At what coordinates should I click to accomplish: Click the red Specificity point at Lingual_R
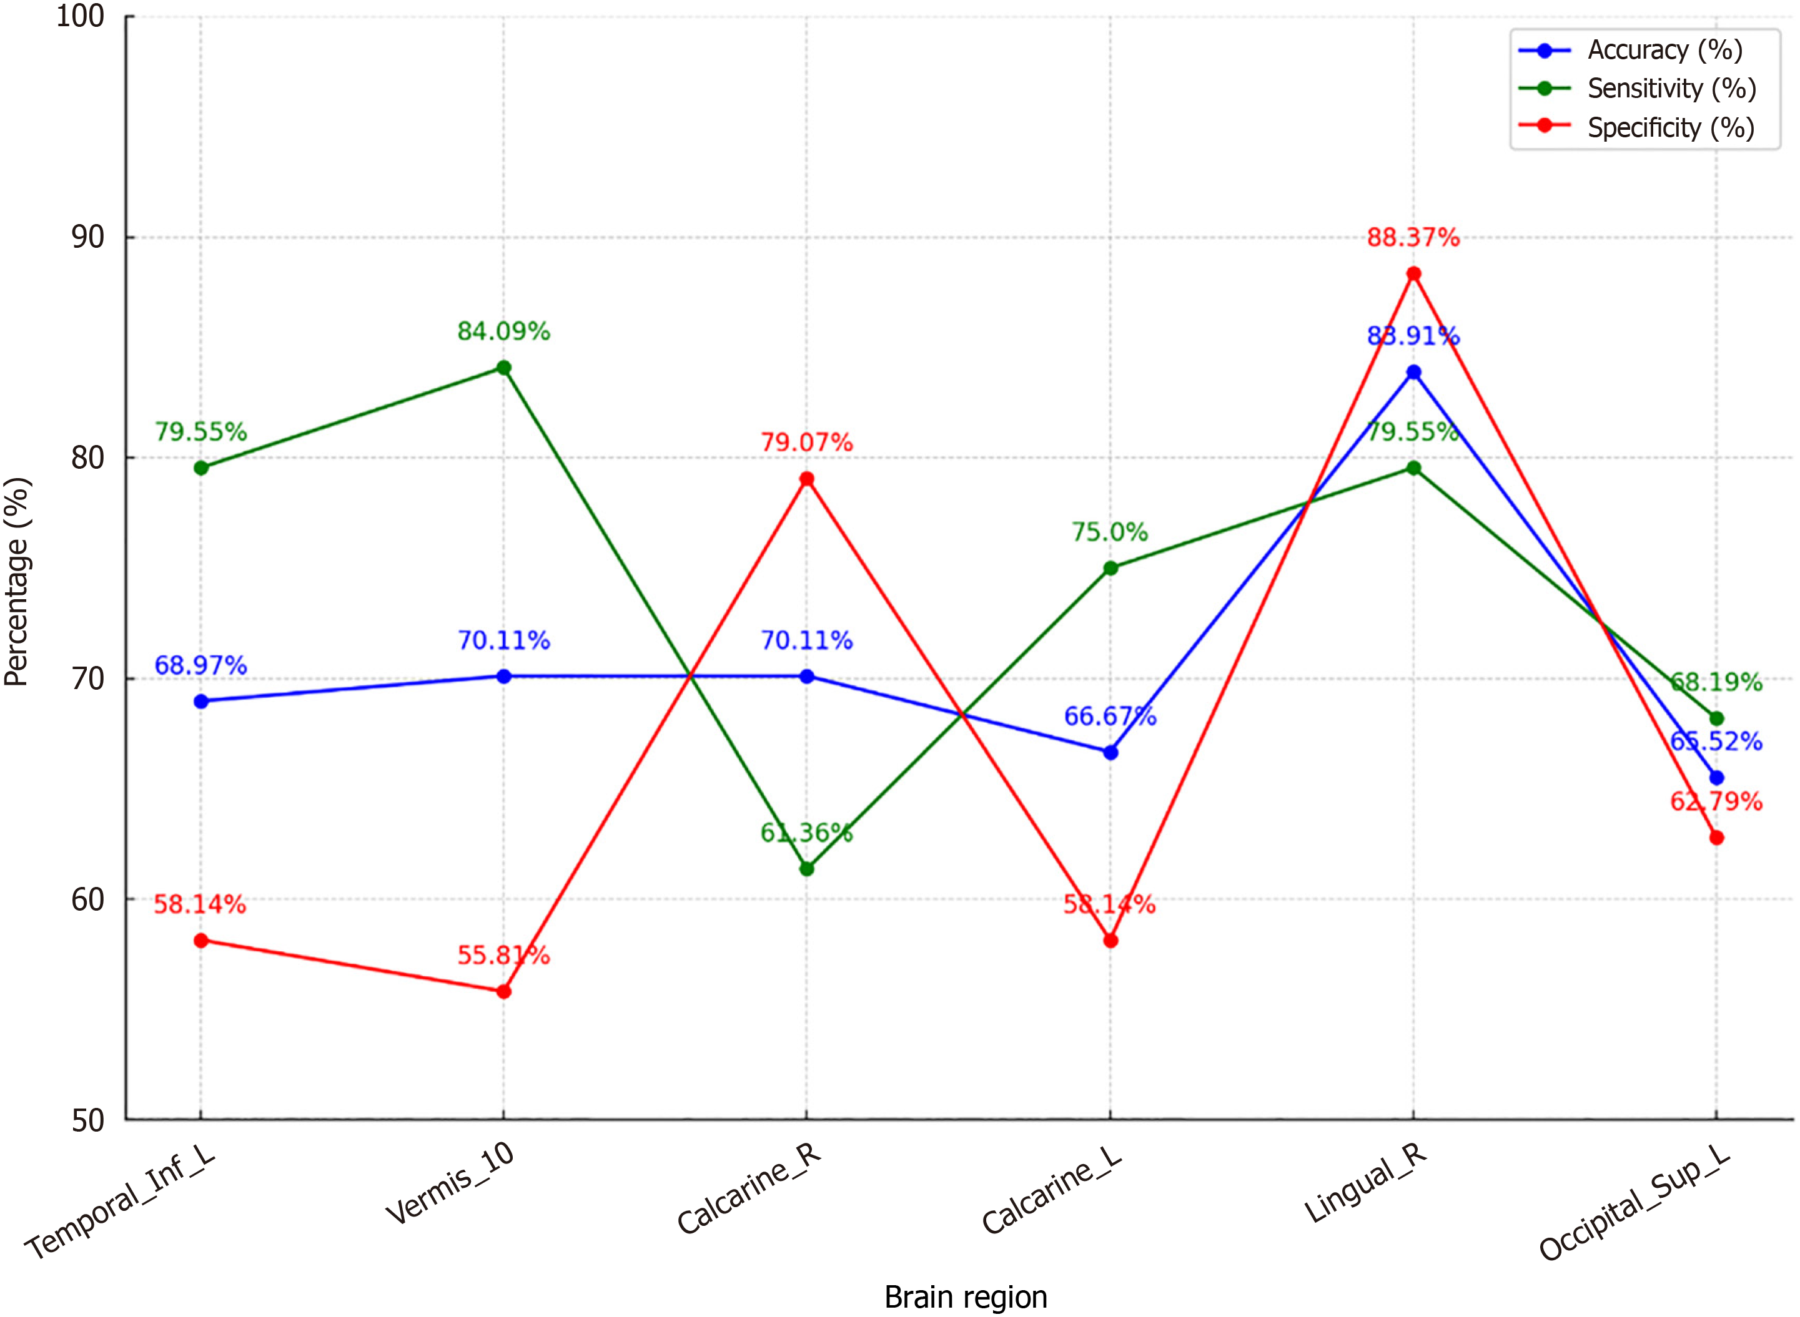click(1413, 274)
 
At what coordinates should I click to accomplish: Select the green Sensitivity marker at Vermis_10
click(503, 368)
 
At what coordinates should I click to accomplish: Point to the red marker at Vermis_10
click(503, 992)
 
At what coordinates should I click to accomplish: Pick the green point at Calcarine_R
click(806, 869)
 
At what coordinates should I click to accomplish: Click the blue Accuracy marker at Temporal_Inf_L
click(201, 702)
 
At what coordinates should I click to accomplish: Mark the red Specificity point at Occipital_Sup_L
click(1716, 838)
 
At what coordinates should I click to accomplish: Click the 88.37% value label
click(1413, 238)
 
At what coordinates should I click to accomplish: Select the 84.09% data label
click(503, 331)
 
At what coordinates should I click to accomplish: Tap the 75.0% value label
click(1109, 532)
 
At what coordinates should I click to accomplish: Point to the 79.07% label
click(806, 442)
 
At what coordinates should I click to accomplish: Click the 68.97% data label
click(200, 665)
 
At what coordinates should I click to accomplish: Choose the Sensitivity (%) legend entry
click(1671, 89)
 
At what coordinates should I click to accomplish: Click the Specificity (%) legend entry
click(1671, 127)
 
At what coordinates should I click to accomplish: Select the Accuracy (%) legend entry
click(1664, 50)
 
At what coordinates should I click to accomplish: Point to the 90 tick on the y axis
click(87, 237)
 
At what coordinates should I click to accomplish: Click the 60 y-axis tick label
click(87, 899)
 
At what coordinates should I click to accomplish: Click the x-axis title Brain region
click(966, 1297)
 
